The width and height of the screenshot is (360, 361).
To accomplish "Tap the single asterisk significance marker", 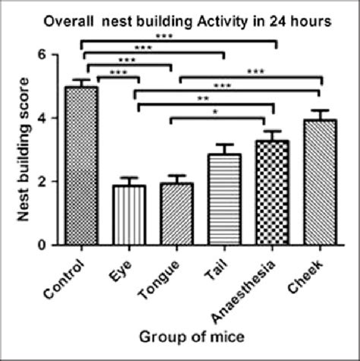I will coord(216,112).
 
